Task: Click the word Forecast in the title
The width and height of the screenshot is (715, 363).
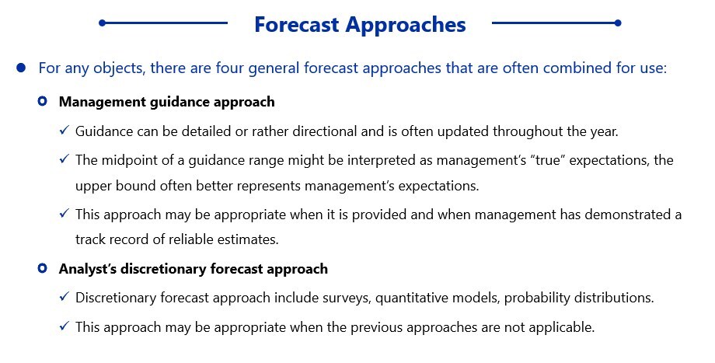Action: [x=297, y=24]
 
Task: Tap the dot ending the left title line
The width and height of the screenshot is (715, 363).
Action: [x=102, y=23]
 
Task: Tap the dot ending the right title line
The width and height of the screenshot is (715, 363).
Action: [x=618, y=23]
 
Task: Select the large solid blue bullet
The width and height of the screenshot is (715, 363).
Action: [x=21, y=68]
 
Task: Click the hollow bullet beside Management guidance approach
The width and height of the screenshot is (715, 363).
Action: [x=43, y=101]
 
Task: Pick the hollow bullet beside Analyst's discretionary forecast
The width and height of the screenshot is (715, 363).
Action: [x=43, y=268]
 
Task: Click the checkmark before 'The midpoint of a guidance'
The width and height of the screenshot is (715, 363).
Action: [x=65, y=159]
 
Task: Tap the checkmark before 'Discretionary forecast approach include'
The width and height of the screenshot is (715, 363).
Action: [x=65, y=297]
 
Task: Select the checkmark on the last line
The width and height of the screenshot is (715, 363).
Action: [x=65, y=326]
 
